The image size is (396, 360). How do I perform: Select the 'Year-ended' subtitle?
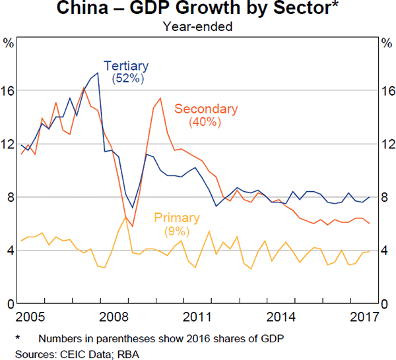[199, 26]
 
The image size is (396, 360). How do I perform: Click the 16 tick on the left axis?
[9, 90]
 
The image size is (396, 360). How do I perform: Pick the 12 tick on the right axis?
[387, 144]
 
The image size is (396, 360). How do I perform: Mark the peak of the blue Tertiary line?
[98, 73]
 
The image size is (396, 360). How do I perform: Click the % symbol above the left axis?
[9, 43]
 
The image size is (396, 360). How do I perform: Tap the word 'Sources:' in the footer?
[26, 353]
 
